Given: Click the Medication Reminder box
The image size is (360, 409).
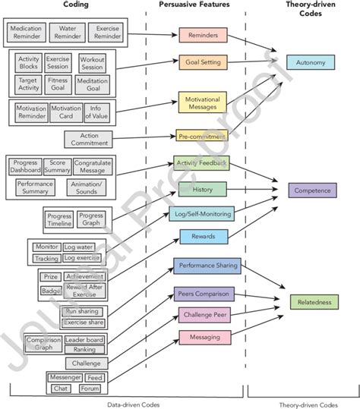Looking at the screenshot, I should (26, 33).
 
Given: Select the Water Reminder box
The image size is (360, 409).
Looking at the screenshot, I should (65, 33).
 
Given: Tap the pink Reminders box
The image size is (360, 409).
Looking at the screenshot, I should (203, 35).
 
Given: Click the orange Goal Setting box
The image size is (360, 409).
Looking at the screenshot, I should (203, 61).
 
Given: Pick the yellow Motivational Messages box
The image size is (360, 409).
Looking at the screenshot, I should (203, 102).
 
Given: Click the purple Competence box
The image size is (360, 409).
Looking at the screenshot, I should (313, 190).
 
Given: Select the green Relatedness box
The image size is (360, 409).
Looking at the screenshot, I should (313, 302).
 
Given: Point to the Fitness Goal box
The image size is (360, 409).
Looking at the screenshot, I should (58, 83).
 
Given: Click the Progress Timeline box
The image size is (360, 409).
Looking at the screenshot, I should (58, 219).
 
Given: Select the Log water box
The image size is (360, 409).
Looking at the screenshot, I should (80, 247).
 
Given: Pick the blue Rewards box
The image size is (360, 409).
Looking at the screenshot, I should (203, 238).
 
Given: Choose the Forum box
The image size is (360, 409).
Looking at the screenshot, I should (90, 388).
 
